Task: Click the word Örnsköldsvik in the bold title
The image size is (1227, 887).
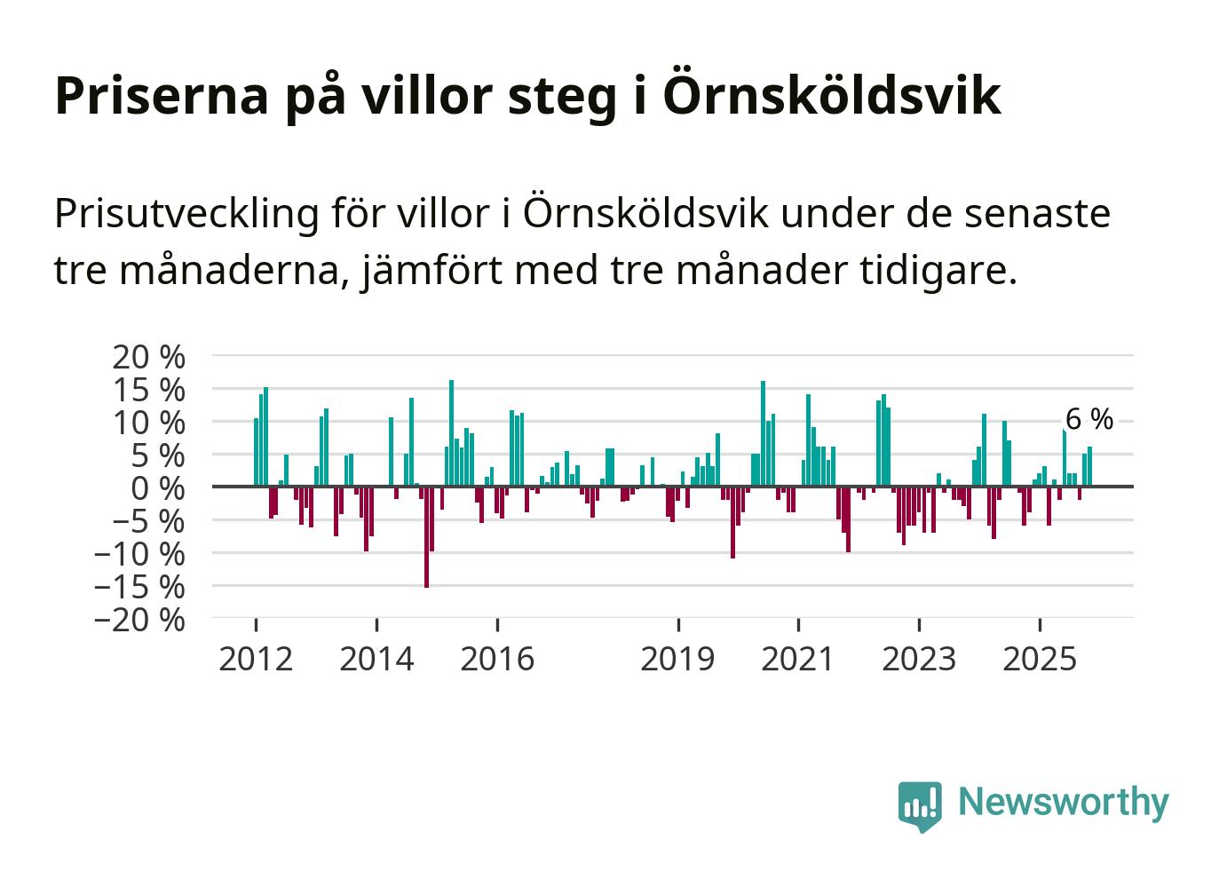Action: (x=831, y=95)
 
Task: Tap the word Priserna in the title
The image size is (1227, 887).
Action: (x=161, y=95)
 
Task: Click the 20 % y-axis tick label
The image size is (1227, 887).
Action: (x=149, y=357)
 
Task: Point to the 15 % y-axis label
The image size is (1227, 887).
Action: (x=149, y=390)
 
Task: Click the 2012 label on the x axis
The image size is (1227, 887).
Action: (x=256, y=659)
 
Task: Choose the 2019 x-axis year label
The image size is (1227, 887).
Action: (x=677, y=659)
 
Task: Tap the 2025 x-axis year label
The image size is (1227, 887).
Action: (x=1039, y=659)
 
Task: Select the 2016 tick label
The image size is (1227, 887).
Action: (x=497, y=659)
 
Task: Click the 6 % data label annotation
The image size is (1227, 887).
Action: (x=1088, y=419)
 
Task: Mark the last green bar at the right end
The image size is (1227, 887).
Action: (x=1089, y=467)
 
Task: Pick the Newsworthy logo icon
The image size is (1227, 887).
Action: (x=919, y=806)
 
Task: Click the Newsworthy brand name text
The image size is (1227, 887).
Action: (x=1064, y=802)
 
